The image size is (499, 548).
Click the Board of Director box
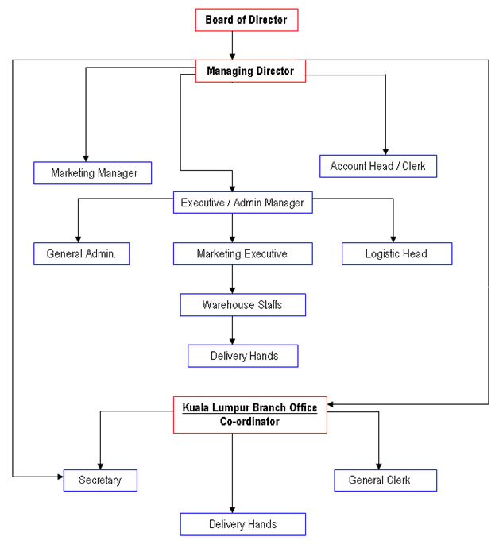(246, 20)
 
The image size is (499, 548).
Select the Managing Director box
(250, 71)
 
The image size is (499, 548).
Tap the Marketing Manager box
(93, 172)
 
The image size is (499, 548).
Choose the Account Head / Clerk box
(378, 166)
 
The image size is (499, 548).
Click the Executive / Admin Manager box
(242, 203)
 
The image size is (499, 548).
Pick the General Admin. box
(82, 254)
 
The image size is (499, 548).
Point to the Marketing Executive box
(242, 254)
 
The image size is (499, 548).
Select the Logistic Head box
(396, 254)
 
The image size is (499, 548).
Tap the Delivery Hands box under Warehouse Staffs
(243, 356)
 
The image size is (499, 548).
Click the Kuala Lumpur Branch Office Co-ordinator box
(250, 415)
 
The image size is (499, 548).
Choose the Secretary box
(100, 480)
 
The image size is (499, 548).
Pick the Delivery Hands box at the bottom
(243, 524)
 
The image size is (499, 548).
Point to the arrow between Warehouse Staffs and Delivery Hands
(232, 330)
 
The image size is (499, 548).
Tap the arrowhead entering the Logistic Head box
(393, 239)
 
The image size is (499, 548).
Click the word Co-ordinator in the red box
(250, 422)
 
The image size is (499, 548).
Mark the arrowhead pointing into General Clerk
(379, 465)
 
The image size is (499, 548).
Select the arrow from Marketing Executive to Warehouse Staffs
(232, 280)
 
